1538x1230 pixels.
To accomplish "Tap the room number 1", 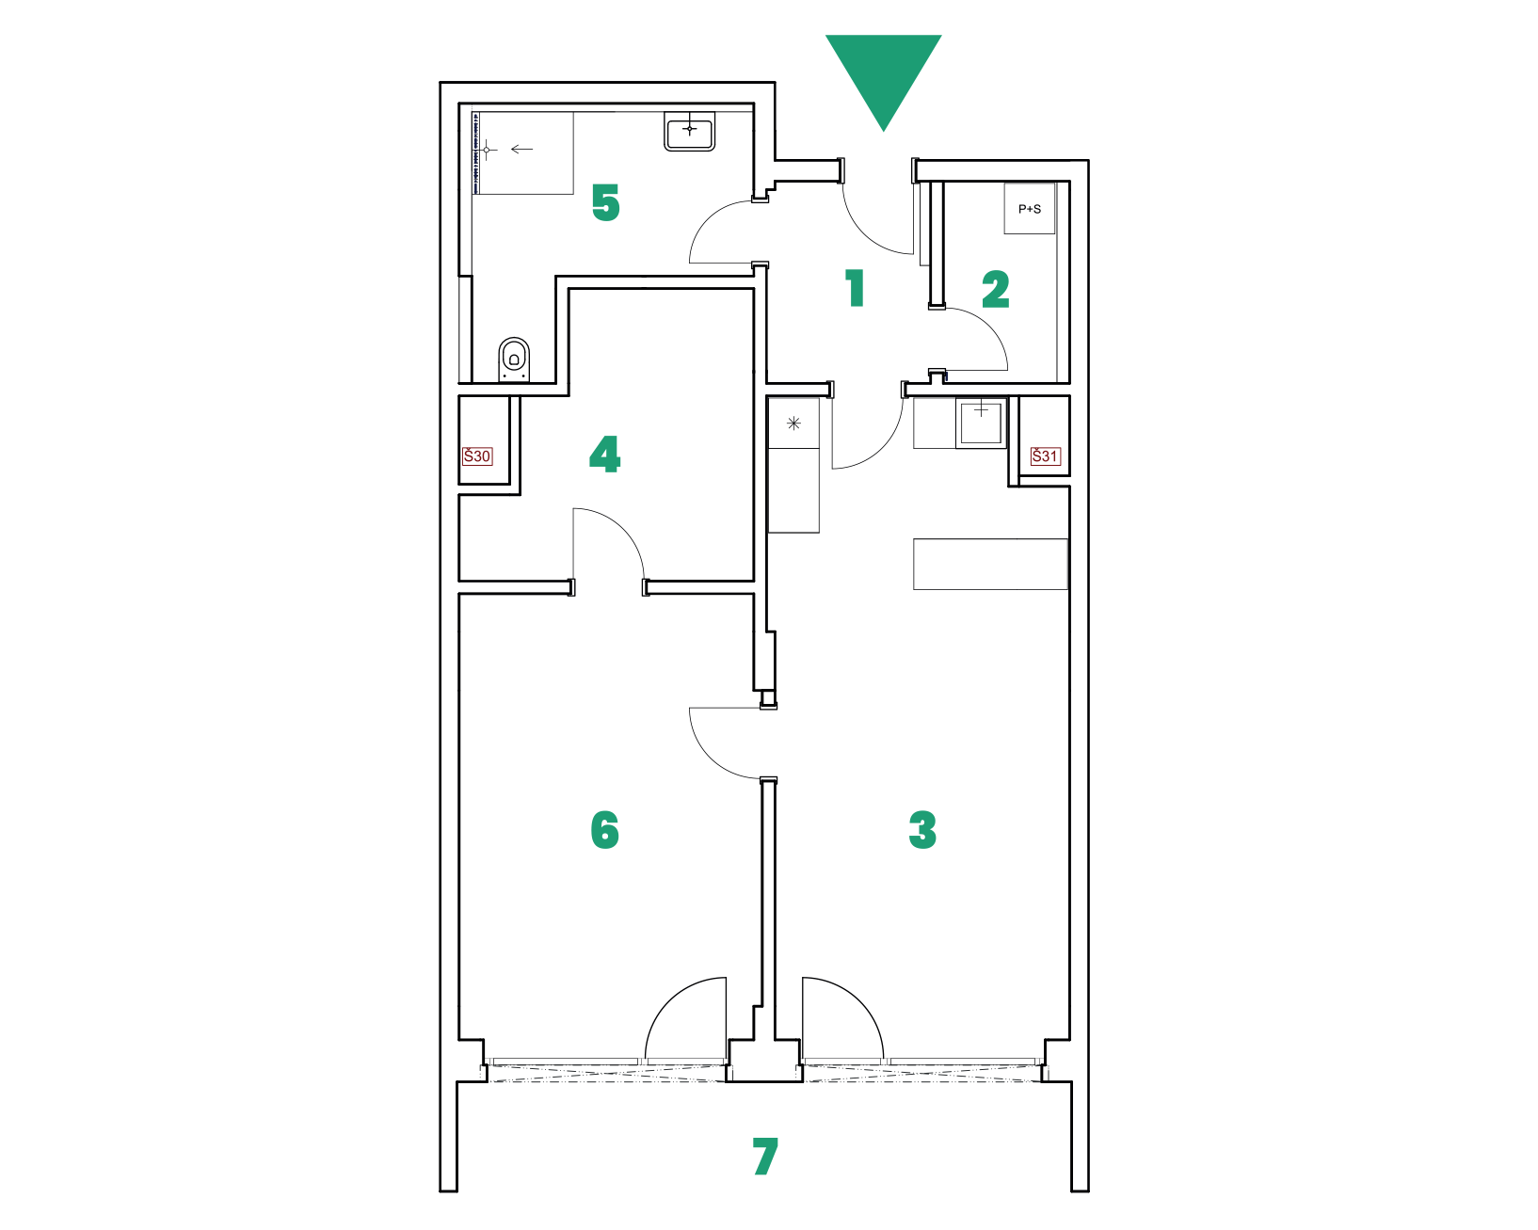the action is click(x=856, y=288).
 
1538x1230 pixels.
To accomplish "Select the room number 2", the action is click(x=996, y=290).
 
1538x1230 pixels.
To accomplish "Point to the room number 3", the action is click(x=922, y=830).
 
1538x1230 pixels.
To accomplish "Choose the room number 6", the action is click(x=764, y=1157).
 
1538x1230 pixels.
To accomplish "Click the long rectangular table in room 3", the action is click(x=990, y=564).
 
